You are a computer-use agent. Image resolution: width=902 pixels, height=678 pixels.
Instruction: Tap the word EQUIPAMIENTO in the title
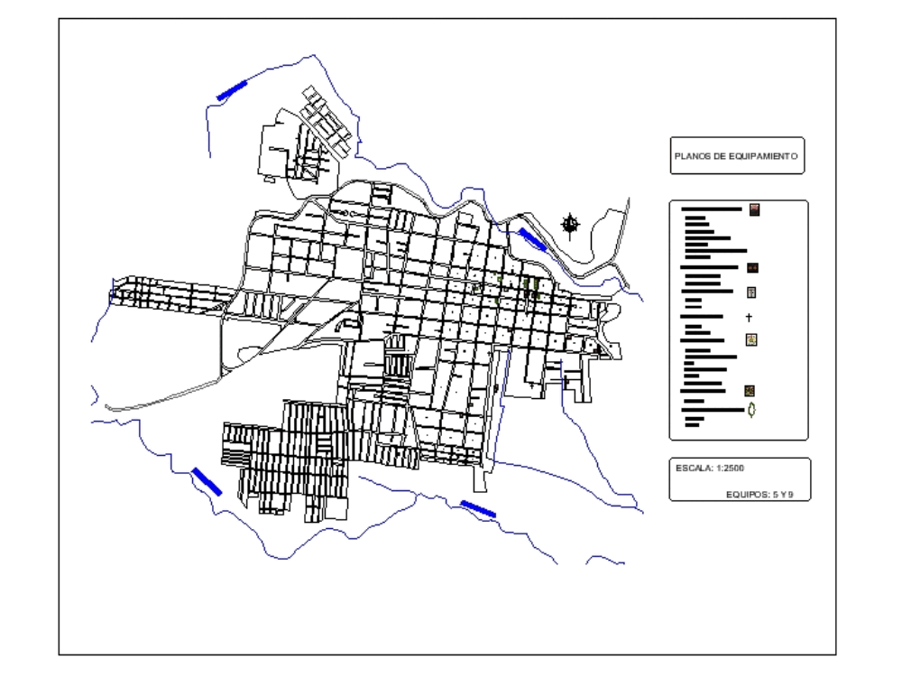click(762, 156)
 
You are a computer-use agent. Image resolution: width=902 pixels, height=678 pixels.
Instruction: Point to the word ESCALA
click(690, 468)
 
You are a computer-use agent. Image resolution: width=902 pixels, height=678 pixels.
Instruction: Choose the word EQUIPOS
click(747, 495)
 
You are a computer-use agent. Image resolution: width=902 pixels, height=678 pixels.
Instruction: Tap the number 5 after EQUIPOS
click(776, 495)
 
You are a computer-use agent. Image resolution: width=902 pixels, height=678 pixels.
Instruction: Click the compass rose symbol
click(570, 223)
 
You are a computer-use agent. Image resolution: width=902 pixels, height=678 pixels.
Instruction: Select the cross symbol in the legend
click(749, 318)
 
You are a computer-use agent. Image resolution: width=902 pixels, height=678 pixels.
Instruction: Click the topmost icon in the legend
click(754, 209)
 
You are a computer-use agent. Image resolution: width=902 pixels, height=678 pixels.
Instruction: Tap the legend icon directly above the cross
click(750, 293)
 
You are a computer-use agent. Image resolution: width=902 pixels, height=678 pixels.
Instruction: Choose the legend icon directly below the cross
click(750, 340)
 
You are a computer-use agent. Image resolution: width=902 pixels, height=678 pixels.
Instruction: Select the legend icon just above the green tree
click(750, 391)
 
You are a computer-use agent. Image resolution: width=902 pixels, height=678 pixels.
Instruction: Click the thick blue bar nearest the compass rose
click(532, 238)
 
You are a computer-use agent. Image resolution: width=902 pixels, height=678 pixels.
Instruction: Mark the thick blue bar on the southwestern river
click(207, 480)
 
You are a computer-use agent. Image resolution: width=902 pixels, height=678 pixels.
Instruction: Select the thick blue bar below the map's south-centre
click(478, 508)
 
